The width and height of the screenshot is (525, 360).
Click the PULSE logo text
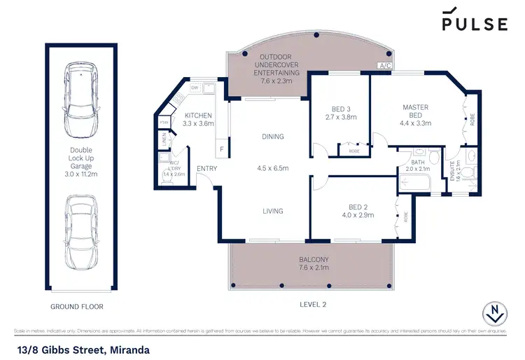474,23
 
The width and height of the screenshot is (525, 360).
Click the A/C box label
384,66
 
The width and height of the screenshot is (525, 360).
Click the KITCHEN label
197,119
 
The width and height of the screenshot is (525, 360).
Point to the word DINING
272,137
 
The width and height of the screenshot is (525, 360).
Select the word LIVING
272,211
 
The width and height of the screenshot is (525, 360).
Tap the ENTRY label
206,168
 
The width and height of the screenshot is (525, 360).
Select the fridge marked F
222,148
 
